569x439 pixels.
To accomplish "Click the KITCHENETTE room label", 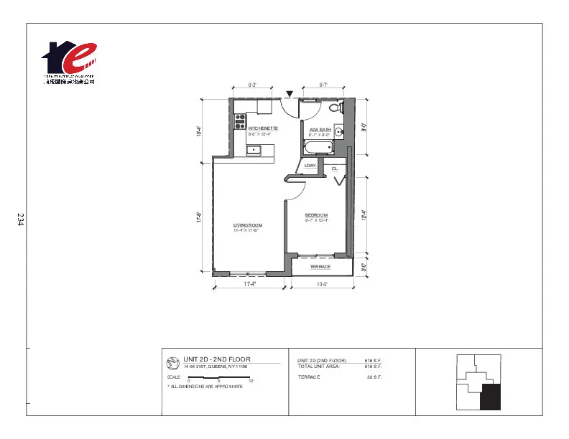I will (x=263, y=128).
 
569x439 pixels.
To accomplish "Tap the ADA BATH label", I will (x=320, y=130).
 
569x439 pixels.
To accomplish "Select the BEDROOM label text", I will (x=316, y=215).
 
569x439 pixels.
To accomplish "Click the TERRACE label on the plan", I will (x=320, y=267).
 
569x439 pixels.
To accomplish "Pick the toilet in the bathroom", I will (x=333, y=108).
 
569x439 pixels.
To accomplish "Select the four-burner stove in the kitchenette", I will (x=240, y=121).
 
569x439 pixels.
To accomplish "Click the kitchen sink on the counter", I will (x=254, y=151).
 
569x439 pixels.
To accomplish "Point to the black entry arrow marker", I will (x=289, y=93).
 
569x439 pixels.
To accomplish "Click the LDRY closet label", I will (x=310, y=166).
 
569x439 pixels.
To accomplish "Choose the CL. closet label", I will (x=335, y=169).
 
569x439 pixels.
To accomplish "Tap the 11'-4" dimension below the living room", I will (x=250, y=284).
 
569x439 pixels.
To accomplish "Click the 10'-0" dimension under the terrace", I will (x=322, y=284).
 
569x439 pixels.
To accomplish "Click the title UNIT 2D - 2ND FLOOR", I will (x=216, y=359).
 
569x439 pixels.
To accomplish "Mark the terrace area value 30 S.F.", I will (x=374, y=377).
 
